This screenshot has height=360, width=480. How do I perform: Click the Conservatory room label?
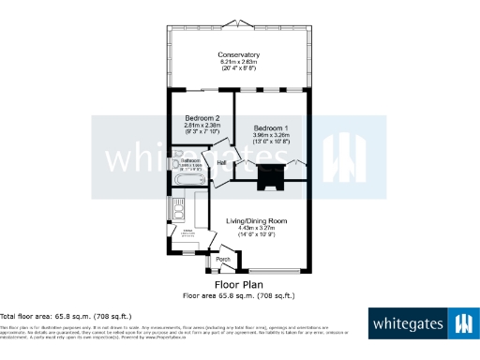(238, 54)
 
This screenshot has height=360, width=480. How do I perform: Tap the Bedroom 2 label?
(202, 117)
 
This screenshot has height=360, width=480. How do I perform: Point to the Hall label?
(222, 164)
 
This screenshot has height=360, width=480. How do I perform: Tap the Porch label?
(223, 260)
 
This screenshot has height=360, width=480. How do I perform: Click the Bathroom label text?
(192, 160)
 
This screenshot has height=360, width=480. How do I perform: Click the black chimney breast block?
(272, 174)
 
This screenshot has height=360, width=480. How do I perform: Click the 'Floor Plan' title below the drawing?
(239, 284)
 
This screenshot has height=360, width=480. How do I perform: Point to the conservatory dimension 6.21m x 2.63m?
(238, 62)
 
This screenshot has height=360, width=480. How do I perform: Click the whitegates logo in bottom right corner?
(422, 325)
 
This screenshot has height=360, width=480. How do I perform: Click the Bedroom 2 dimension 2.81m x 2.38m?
(202, 125)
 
